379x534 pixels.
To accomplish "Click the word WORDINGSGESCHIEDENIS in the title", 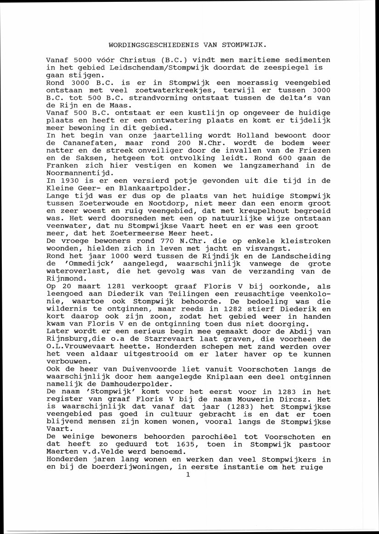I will (x=148, y=46).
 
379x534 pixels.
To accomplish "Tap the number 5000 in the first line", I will (x=83, y=60).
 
